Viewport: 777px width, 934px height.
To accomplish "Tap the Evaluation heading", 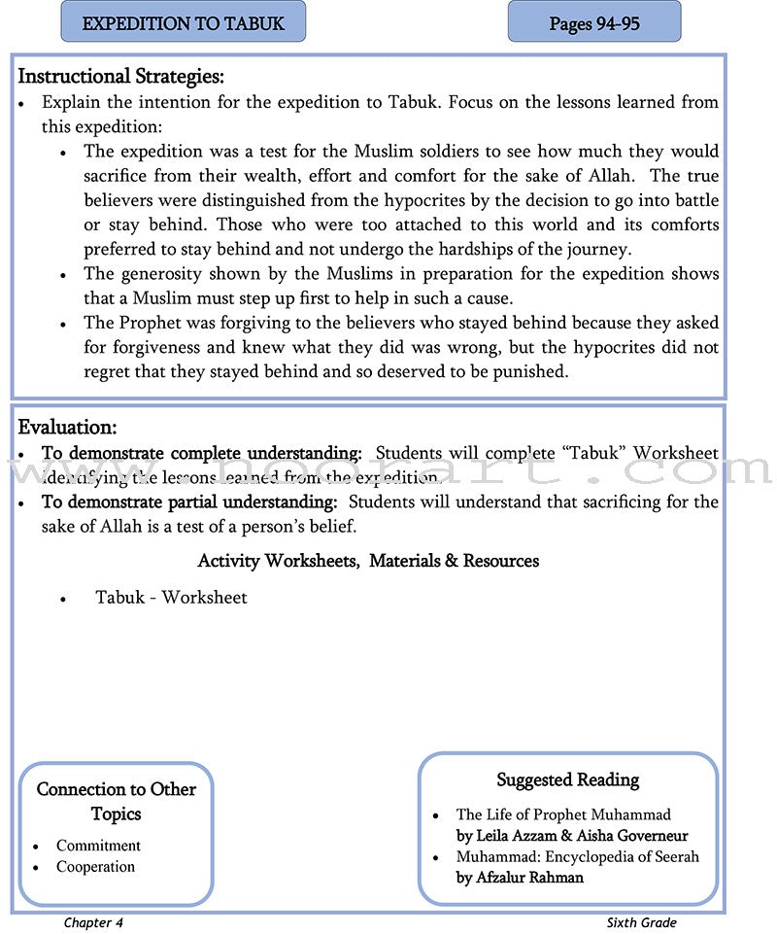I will [67, 427].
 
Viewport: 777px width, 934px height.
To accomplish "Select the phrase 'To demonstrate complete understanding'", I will [201, 453].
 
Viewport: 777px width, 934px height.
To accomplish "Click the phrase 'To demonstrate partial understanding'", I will [189, 502].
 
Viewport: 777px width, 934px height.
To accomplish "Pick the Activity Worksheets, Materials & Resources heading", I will [368, 561].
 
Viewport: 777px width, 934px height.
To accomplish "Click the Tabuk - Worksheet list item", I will [171, 598].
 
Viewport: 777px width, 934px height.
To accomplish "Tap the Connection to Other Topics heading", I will [116, 802].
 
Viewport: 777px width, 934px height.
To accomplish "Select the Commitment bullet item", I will [98, 846].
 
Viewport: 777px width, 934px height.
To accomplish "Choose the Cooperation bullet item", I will [95, 867].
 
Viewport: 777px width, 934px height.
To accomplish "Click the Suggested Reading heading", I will [567, 779].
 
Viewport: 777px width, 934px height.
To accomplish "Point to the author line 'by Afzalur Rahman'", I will [520, 878].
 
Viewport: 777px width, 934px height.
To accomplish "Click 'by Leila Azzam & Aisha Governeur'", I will [571, 836].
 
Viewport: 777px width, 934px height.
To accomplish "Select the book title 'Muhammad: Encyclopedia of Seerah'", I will [577, 857].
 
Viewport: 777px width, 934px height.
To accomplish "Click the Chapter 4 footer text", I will [93, 922].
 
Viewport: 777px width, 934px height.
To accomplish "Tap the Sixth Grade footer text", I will [641, 922].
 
